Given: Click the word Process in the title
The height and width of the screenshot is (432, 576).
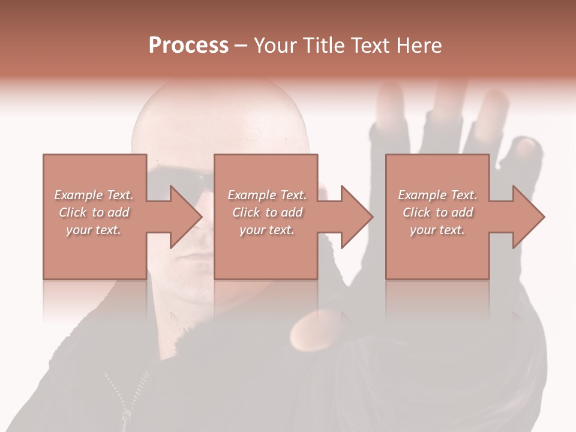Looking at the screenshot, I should click(188, 45).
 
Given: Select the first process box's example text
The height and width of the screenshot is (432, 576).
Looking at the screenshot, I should click(94, 212).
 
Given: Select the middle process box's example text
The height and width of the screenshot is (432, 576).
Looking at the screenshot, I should click(267, 212).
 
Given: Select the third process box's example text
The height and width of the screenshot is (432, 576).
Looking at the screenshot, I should click(437, 212).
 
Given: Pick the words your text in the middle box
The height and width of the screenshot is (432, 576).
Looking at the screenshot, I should click(267, 230).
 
